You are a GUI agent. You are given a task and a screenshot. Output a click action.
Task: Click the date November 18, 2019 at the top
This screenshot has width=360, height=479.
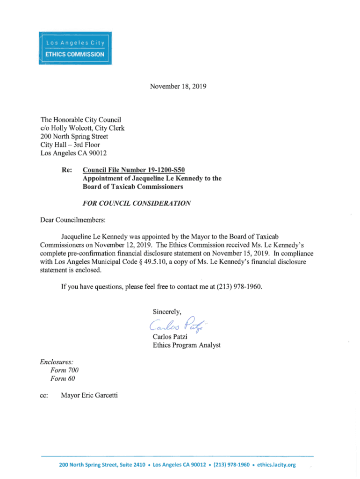point(178,86)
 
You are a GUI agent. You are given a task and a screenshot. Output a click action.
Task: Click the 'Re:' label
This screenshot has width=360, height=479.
point(66,170)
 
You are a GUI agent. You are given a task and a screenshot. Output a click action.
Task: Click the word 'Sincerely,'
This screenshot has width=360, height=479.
point(166,312)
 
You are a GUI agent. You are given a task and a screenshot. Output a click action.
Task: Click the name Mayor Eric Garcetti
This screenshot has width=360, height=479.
point(89,396)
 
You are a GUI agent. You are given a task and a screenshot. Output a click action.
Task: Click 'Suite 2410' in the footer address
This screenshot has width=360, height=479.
point(128,464)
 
